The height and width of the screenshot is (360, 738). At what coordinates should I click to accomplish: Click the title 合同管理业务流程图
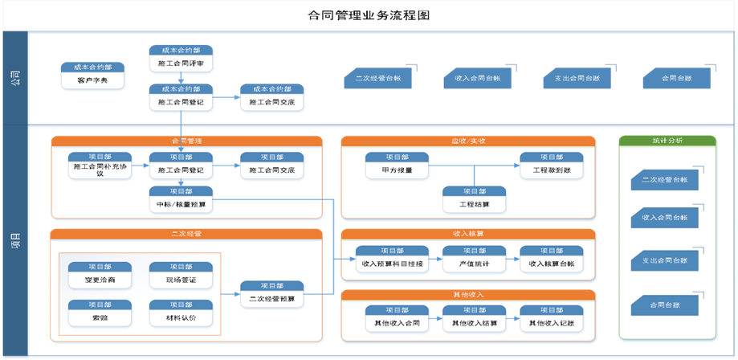[369, 15]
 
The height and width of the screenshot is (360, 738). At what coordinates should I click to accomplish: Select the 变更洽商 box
[100, 274]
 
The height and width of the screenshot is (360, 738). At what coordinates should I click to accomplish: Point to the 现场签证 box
[181, 274]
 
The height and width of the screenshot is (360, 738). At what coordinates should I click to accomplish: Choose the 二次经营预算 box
[272, 294]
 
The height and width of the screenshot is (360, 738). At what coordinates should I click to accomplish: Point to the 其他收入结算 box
[474, 318]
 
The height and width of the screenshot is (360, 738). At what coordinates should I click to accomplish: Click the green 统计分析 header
[668, 141]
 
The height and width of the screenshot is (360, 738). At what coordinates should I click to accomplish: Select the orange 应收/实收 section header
[468, 141]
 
